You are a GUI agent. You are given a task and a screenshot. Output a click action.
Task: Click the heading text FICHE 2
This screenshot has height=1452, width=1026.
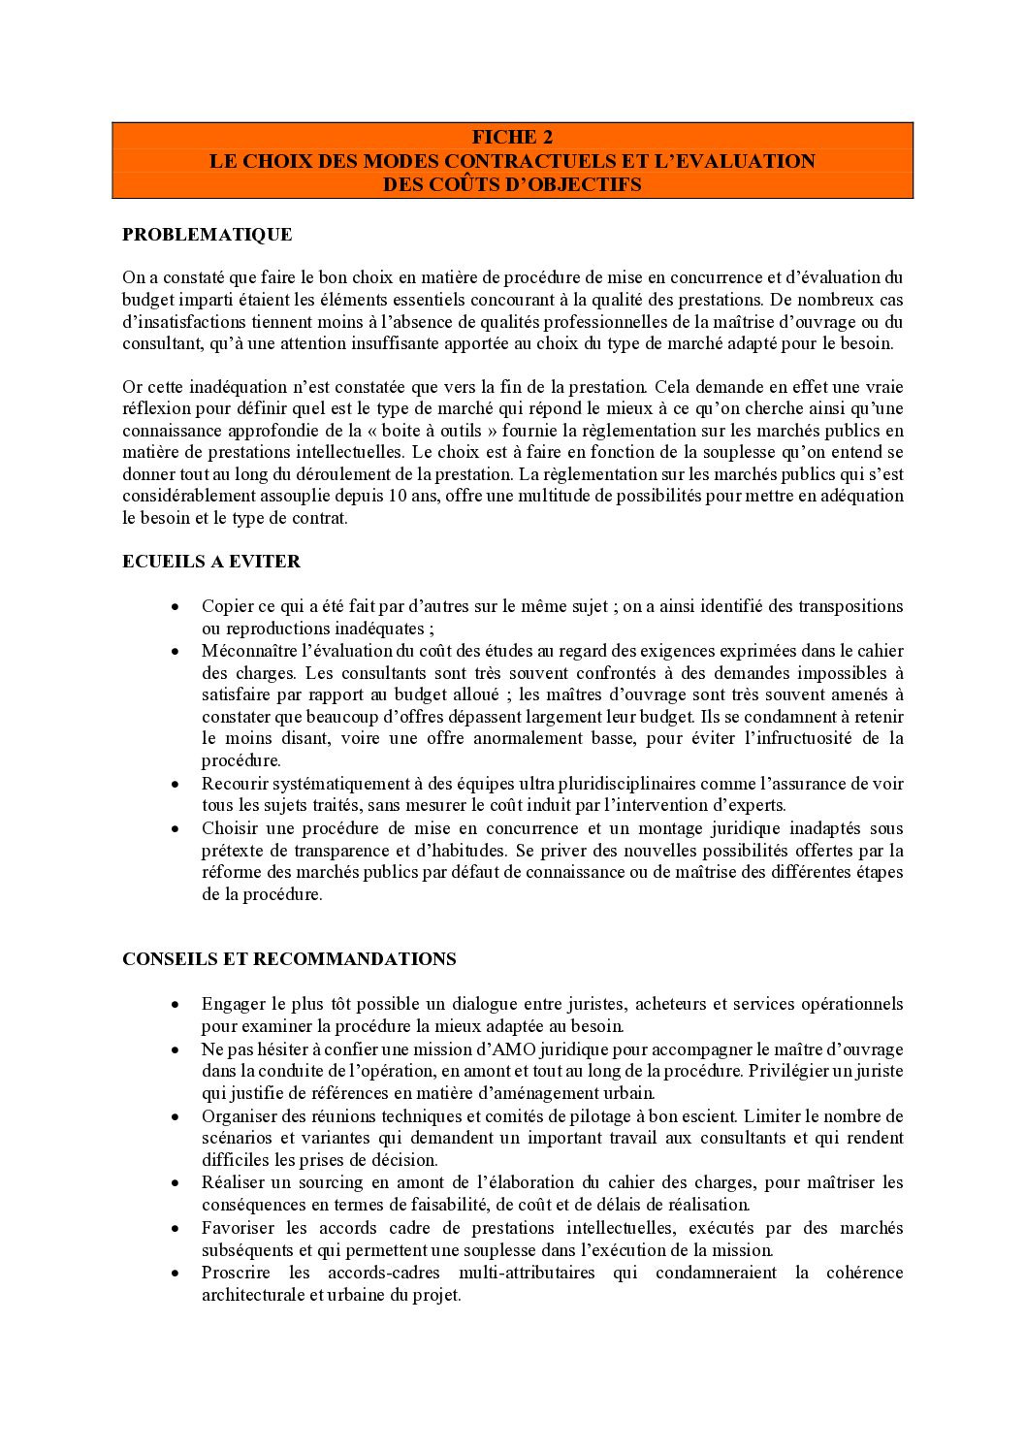512,138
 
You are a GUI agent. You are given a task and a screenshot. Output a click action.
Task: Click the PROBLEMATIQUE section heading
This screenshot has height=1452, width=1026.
207,235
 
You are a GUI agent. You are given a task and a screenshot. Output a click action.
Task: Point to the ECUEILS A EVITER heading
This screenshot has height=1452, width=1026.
211,562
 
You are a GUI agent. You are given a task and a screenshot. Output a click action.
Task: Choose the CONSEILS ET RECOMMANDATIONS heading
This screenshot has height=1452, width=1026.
289,959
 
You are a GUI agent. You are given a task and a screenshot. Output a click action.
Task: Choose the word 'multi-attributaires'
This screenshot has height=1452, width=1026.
529,1273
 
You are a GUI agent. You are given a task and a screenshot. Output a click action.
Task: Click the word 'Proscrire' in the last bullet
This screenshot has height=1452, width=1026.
236,1273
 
